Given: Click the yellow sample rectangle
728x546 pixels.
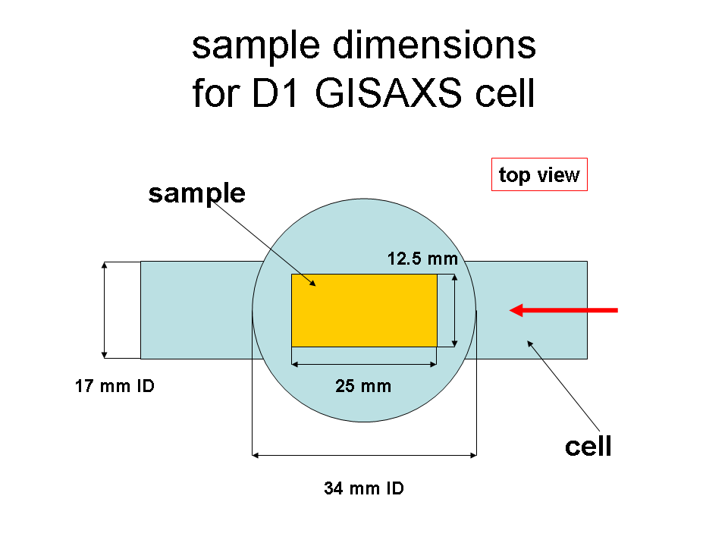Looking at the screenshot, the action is (x=364, y=310).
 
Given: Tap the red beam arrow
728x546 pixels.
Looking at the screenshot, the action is (x=563, y=310).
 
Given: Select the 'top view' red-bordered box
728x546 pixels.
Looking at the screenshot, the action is (x=539, y=174).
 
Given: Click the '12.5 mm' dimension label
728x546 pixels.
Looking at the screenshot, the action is (x=422, y=259).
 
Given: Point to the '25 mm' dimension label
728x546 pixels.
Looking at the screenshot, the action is (x=363, y=386).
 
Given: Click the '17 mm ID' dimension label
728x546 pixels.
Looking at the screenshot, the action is (x=115, y=386).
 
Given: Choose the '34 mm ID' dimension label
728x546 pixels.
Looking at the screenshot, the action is (x=364, y=488).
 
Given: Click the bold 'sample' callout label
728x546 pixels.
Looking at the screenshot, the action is (x=197, y=194).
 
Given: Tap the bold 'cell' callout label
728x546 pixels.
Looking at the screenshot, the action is (x=588, y=446).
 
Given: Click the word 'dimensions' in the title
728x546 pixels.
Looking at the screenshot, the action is (x=434, y=45).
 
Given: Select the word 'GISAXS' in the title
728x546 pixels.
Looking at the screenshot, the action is (x=388, y=93).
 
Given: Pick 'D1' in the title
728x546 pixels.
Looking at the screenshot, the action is (x=275, y=93).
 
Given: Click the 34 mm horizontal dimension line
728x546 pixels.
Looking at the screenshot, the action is (x=364, y=456).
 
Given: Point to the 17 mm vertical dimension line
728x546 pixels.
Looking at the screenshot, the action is (x=105, y=310).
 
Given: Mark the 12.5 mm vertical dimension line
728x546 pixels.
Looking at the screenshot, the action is (x=454, y=310).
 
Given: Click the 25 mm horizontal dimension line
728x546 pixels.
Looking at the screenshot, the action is (x=364, y=365).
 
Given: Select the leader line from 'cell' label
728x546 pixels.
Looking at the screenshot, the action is (x=563, y=386).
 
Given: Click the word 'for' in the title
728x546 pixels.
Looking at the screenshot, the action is (x=215, y=93).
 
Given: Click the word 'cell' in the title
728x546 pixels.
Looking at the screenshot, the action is (x=505, y=93).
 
